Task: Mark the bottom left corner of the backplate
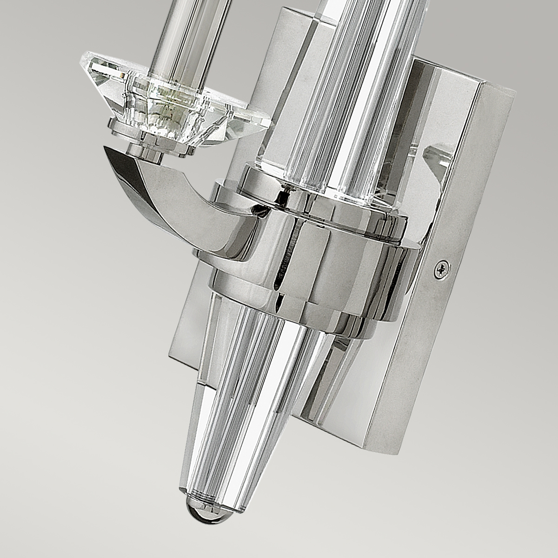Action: [x=170, y=360]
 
